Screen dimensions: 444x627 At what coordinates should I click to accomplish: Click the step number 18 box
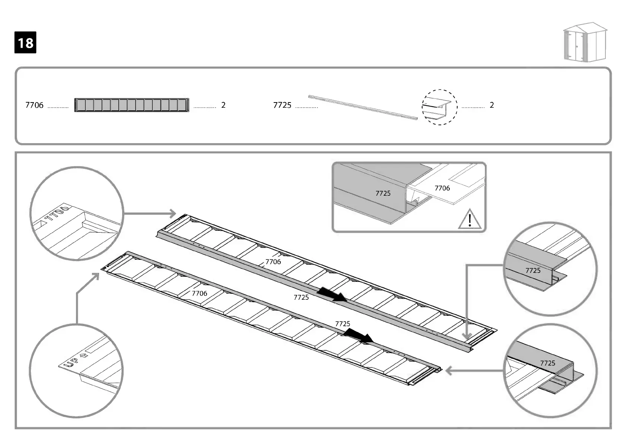pyautogui.click(x=25, y=42)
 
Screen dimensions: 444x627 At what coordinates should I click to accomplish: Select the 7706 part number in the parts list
pyautogui.click(x=34, y=105)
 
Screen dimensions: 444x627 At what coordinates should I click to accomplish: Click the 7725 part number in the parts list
pyautogui.click(x=282, y=105)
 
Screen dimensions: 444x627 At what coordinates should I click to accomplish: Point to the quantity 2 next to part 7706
pyautogui.click(x=223, y=105)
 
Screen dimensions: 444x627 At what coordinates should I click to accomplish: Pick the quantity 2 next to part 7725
pyautogui.click(x=491, y=105)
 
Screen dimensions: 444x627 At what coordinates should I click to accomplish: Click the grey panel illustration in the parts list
pyautogui.click(x=132, y=105)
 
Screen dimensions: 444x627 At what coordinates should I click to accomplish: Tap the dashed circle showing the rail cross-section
pyautogui.click(x=439, y=107)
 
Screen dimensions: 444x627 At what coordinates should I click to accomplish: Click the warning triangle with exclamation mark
pyautogui.click(x=470, y=220)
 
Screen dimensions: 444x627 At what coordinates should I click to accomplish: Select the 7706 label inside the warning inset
pyautogui.click(x=442, y=188)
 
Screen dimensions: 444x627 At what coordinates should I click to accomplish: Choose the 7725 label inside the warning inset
pyautogui.click(x=383, y=193)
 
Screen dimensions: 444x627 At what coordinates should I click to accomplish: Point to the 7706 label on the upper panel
pyautogui.click(x=273, y=262)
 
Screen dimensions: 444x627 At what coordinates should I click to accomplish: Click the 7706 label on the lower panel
pyautogui.click(x=199, y=293)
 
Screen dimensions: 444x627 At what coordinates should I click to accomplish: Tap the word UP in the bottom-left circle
pyautogui.click(x=71, y=362)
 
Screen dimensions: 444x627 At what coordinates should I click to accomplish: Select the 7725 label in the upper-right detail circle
pyautogui.click(x=533, y=270)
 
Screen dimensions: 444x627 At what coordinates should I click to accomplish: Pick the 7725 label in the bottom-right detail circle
pyautogui.click(x=547, y=363)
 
